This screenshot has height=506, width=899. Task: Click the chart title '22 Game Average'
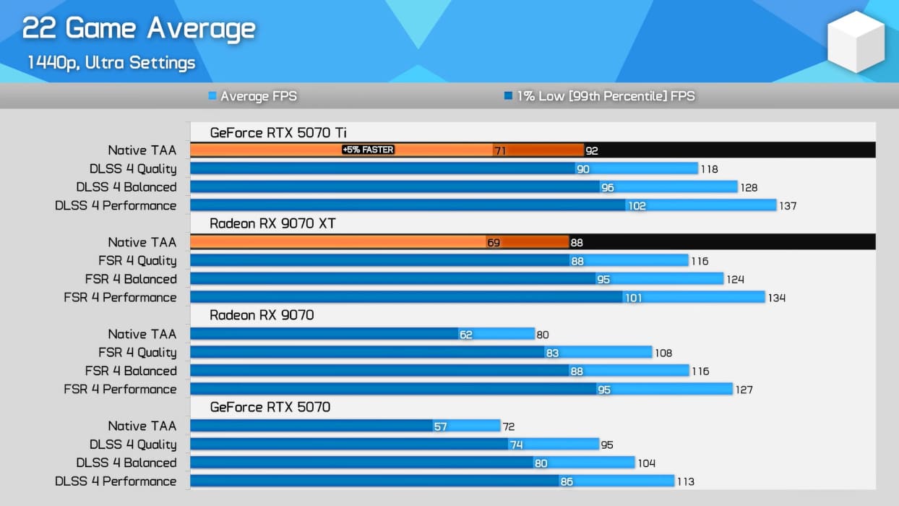(139, 29)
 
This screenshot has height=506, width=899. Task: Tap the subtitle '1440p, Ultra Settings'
(111, 63)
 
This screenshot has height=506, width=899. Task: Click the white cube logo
(856, 42)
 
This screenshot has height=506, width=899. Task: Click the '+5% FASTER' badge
(369, 150)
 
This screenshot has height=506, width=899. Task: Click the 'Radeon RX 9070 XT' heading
(272, 224)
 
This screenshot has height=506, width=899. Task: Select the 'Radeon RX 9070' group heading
(262, 315)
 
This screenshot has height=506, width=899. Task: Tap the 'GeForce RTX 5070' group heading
(270, 407)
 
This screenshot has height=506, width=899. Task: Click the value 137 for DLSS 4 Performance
(787, 206)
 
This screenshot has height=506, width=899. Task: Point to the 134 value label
(776, 298)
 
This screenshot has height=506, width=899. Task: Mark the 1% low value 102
(637, 206)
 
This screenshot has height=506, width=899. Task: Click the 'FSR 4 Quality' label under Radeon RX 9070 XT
(137, 261)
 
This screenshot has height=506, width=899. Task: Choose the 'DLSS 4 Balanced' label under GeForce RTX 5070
(126, 463)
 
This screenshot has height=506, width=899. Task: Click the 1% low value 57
(441, 426)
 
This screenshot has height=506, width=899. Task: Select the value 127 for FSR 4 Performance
(744, 390)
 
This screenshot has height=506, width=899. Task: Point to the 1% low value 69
(494, 243)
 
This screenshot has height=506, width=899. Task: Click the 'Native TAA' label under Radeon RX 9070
(142, 334)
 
